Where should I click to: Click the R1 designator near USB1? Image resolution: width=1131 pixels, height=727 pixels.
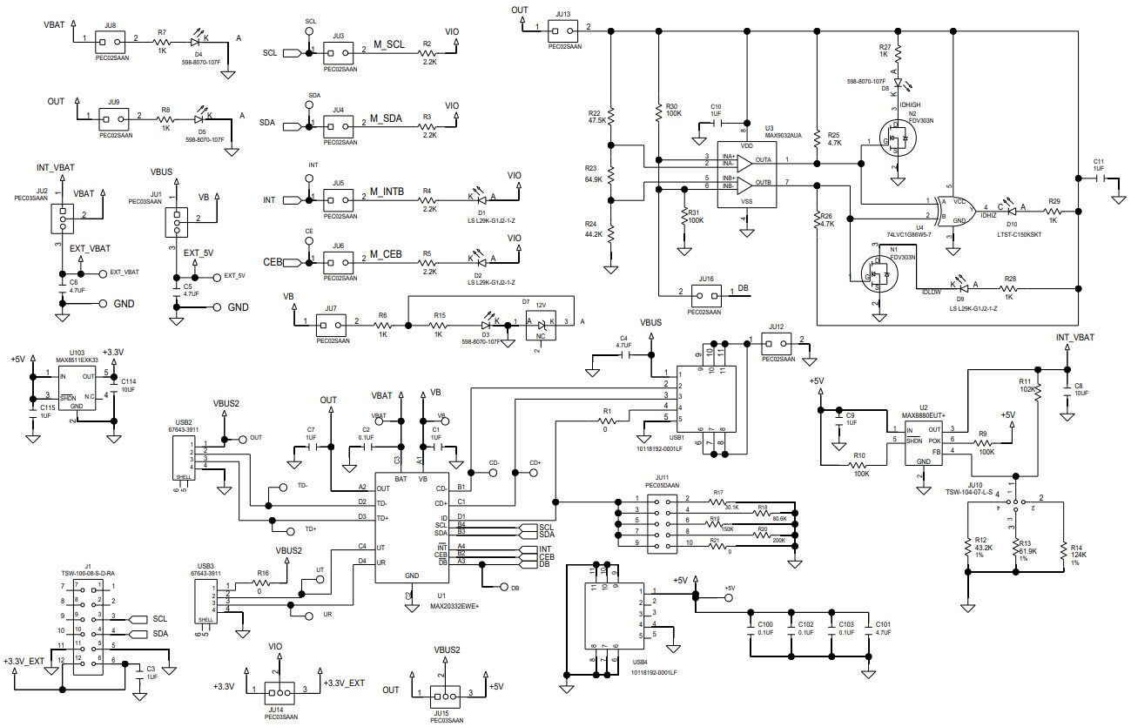click(607, 410)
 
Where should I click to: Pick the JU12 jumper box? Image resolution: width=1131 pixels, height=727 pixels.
click(777, 341)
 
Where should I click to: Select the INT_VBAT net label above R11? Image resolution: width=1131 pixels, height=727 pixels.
click(1074, 337)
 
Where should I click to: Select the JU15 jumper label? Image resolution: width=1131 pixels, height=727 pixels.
click(446, 712)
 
